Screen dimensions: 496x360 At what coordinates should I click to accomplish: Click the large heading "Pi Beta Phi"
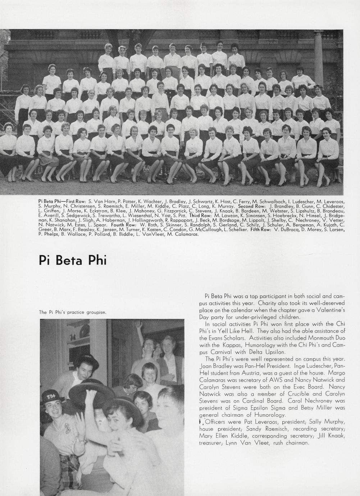pyautogui.click(x=72, y=260)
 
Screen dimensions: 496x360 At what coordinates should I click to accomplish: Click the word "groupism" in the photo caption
pyautogui.click(x=96, y=312)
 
